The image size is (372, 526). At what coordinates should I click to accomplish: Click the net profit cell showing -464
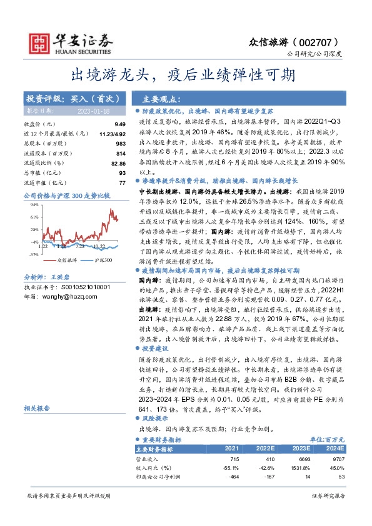(234, 477)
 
